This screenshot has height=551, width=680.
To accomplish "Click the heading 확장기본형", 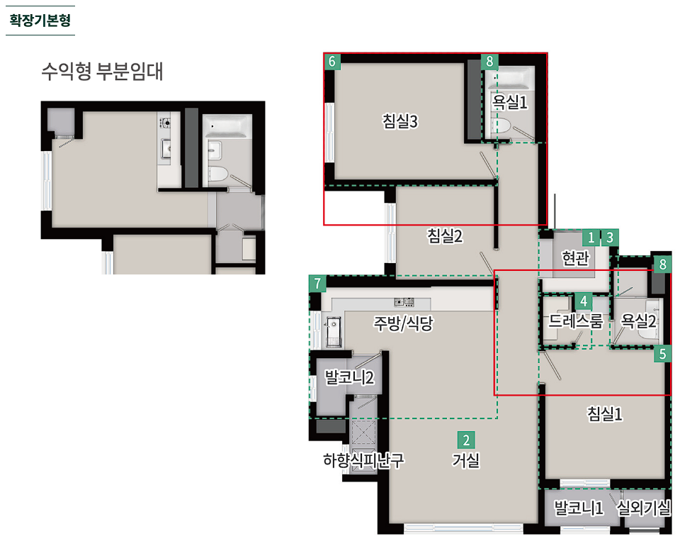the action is click(x=40, y=20).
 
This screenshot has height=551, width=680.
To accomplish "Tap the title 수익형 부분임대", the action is click(x=102, y=72).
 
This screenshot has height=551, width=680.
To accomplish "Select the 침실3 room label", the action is click(x=399, y=121).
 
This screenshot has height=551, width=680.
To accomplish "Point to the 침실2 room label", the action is click(x=445, y=235).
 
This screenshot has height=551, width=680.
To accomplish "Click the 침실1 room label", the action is click(x=604, y=413).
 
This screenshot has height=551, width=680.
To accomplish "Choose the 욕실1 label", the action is click(x=509, y=103).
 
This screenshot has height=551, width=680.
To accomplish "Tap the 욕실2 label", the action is click(x=638, y=321).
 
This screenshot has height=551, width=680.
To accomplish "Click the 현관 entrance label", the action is click(x=575, y=258).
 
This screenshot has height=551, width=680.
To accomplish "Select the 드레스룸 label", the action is click(x=575, y=321).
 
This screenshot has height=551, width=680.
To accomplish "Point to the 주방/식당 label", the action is click(x=403, y=323).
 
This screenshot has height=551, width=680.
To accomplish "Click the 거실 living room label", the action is click(x=466, y=460).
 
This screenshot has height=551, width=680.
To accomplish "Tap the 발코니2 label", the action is click(x=349, y=377).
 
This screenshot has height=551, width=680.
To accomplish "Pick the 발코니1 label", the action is click(x=579, y=507).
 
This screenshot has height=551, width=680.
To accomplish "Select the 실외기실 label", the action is click(x=644, y=507).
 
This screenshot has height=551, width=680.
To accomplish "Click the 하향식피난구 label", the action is click(x=363, y=460).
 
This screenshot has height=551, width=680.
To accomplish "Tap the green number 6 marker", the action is click(x=332, y=61).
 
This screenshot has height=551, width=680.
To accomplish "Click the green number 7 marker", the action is click(x=317, y=284).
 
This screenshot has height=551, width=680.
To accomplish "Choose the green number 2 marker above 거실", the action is click(x=466, y=440).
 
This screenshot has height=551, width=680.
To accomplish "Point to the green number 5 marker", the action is click(x=662, y=354).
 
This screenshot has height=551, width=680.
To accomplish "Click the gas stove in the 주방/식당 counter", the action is click(x=404, y=302).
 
